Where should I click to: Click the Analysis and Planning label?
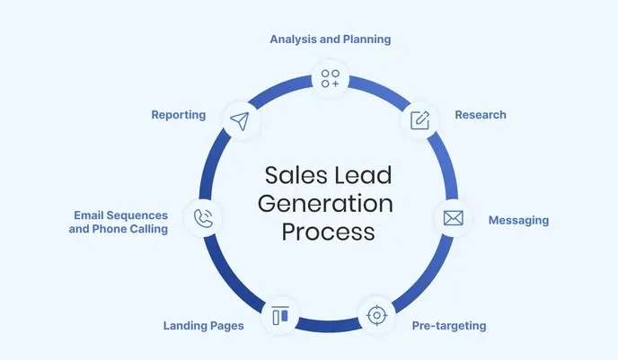pos(331,40)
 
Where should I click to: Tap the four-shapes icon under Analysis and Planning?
pos(331,78)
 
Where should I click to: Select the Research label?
pos(480,115)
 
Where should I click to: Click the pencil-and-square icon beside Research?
pos(419,119)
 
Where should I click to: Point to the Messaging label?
pos(517,220)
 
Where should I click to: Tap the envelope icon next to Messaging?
pos(454,217)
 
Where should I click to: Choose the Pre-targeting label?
pos(448,326)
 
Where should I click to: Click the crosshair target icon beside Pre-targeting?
pos(375,315)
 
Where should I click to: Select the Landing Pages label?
pos(203,326)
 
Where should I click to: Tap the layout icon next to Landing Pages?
pos(279,316)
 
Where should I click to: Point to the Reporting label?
pos(179,115)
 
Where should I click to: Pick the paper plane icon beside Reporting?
pos(239,120)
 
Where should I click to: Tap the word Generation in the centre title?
pos(325,203)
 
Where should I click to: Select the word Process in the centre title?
pos(325,232)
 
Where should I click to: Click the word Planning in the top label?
pos(363,40)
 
